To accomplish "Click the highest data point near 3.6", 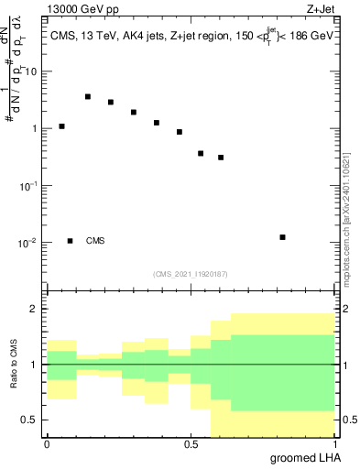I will (x=88, y=96).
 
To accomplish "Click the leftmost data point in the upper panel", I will (x=61, y=126).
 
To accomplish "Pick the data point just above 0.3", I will (x=221, y=158).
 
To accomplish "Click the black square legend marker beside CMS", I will (x=70, y=241).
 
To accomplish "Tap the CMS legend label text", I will (x=95, y=241).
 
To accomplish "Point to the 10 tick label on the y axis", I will (x=32, y=71).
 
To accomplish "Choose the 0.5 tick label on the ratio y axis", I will (x=29, y=420).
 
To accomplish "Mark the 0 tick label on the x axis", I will (x=47, y=444).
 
